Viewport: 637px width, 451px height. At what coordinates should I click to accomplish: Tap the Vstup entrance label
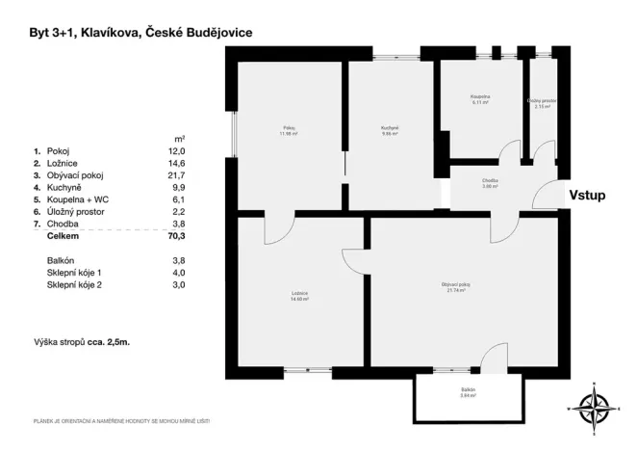click(x=586, y=194)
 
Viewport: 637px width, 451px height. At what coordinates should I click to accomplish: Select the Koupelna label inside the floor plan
click(x=479, y=100)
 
